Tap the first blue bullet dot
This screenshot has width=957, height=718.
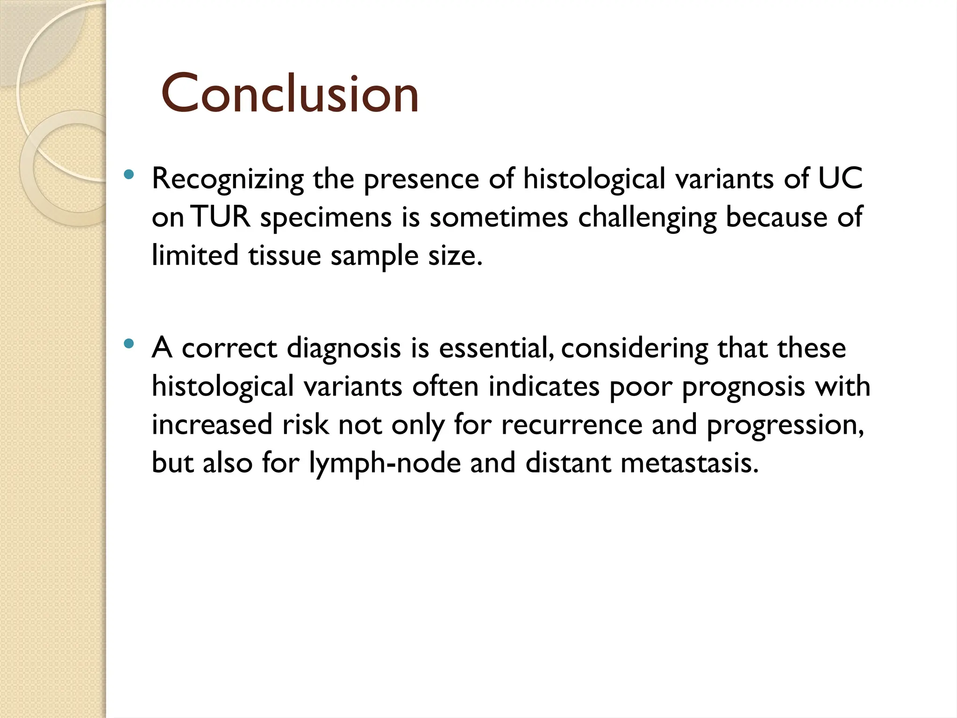pyautogui.click(x=129, y=175)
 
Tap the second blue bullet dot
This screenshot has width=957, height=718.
pyautogui.click(x=129, y=345)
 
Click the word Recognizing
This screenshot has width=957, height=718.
pyautogui.click(x=228, y=179)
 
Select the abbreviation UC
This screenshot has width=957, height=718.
pyautogui.click(x=840, y=179)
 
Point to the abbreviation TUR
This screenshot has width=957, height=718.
pyautogui.click(x=221, y=217)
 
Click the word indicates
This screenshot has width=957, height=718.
pyautogui.click(x=544, y=387)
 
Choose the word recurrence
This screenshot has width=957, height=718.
pyautogui.click(x=571, y=425)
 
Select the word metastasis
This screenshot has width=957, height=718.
pyautogui.click(x=689, y=463)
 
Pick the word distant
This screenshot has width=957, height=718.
pyautogui.click(x=568, y=463)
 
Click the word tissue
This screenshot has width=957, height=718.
pyautogui.click(x=284, y=256)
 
